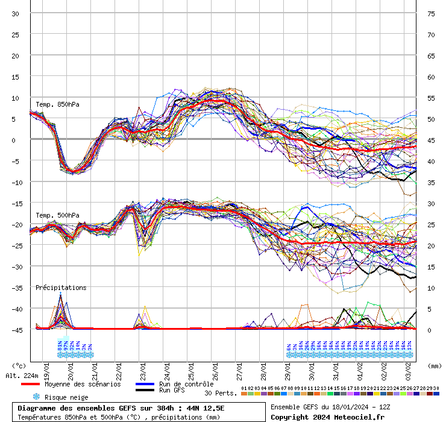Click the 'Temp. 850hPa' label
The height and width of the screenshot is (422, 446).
tap(57, 104)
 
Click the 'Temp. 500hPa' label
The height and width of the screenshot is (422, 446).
tap(57, 215)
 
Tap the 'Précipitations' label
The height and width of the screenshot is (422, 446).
tap(61, 288)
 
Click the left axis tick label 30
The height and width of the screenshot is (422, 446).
tap(15, 14)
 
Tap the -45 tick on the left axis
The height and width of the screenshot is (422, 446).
tap(15, 330)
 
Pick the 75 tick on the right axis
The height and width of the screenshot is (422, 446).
tap(431, 14)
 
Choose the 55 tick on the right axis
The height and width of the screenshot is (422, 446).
tap(431, 98)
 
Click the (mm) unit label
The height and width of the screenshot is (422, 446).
tap(434, 365)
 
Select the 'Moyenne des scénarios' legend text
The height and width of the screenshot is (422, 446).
tap(83, 384)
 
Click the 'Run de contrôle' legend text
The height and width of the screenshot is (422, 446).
tap(186, 384)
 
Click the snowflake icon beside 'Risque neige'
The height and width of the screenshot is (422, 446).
tap(36, 397)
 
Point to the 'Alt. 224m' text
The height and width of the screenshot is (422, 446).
tap(21, 376)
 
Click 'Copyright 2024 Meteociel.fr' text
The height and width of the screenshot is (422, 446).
tap(327, 417)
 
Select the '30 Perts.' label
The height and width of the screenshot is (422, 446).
tap(221, 393)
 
